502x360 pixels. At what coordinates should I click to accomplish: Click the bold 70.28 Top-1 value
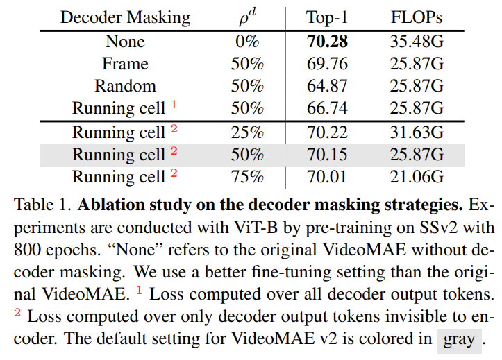[327, 41]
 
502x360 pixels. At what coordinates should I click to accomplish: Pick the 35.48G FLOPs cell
[416, 41]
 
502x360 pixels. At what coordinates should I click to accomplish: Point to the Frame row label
[125, 64]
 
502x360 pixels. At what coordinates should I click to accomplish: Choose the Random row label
[125, 86]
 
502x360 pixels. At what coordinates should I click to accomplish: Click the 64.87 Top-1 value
[327, 86]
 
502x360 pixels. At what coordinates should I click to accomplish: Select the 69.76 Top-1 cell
[327, 64]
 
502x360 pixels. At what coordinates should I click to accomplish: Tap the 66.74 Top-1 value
[327, 109]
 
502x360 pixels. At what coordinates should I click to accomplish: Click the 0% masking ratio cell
[247, 41]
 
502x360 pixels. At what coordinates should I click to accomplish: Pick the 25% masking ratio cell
[247, 132]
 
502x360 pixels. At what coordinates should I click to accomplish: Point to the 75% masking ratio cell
[247, 177]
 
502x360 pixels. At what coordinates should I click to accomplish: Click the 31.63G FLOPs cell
[416, 132]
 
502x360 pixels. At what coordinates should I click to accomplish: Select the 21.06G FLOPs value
[416, 177]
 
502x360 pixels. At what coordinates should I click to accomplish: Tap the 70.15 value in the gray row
[327, 154]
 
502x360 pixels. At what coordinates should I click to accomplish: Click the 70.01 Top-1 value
[327, 177]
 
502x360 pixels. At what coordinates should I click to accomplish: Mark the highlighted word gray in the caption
[458, 340]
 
